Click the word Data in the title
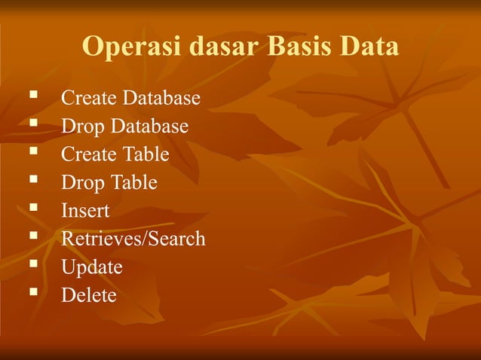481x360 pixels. coord(369,47)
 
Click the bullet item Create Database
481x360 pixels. coord(130,99)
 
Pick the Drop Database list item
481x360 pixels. coord(124,127)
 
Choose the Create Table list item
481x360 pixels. coord(115,154)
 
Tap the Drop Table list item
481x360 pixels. coord(109,183)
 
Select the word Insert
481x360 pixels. coord(85,211)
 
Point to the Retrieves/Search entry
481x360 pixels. coord(133,239)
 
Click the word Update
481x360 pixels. coord(91,267)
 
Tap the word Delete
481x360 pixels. coord(88,295)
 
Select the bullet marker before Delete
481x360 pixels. coord(32,292)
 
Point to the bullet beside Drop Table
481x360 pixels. coord(32,180)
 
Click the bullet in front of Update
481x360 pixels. coord(32,264)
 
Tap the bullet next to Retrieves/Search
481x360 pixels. coord(32,236)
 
